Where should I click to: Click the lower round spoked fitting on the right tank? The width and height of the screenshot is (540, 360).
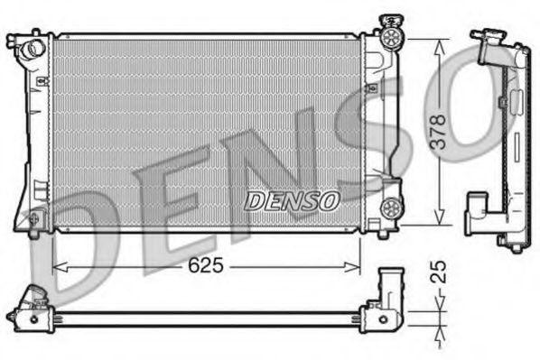pyautogui.click(x=392, y=208)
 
